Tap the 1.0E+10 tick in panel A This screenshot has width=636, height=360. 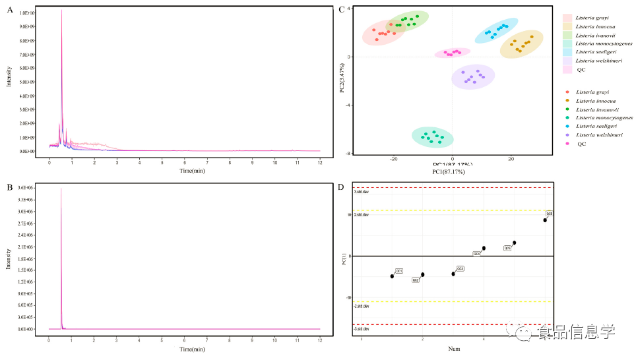coord(28,13)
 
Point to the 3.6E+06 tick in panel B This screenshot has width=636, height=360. coord(28,189)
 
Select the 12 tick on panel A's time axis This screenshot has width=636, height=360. coord(320,162)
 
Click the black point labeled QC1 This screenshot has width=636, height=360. coord(393,276)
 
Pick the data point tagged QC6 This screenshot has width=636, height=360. coord(545,220)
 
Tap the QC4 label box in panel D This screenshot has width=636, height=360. coord(476,254)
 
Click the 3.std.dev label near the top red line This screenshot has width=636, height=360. coord(361,192)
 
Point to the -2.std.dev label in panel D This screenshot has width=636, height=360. coord(362,307)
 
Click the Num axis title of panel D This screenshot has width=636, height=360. coord(454,348)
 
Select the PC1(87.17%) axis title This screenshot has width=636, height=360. coord(453,172)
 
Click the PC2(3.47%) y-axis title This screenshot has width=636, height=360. coord(341,78)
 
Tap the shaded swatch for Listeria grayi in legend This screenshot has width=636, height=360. coord(567,18)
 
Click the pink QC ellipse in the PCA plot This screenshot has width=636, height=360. coord(453,53)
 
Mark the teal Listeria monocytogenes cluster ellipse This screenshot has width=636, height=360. coord(433,136)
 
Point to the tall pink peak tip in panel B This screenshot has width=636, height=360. coord(61,189)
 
